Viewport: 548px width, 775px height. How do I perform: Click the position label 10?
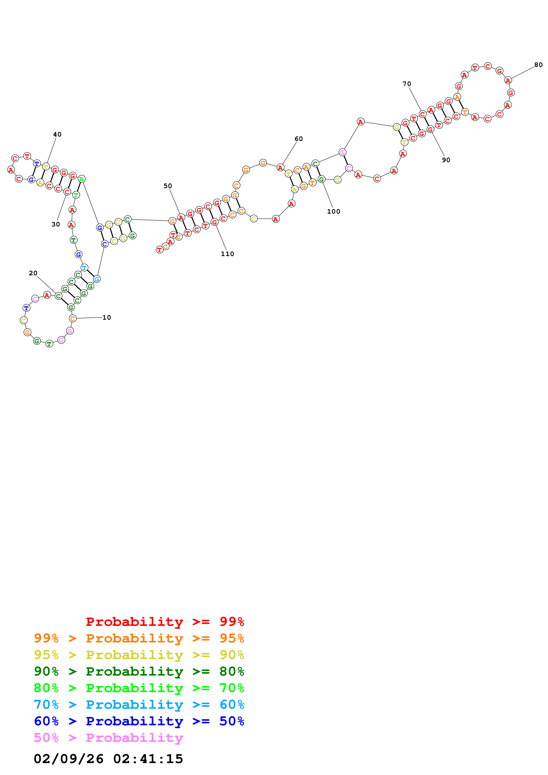coord(107,318)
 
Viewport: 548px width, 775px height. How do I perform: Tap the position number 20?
coord(33,273)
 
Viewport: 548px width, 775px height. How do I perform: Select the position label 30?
coord(56,224)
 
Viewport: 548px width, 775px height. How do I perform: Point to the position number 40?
coord(57,134)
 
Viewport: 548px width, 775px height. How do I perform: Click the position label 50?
coord(168,186)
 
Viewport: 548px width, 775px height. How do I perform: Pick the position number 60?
coord(299,139)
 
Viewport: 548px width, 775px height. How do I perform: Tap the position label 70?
coord(407,84)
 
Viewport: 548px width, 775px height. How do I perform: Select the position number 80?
coord(538,65)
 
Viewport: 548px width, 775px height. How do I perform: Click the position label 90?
coord(446,160)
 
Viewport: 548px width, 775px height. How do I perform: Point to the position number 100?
coord(334,212)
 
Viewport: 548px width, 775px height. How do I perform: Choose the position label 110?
coord(227,254)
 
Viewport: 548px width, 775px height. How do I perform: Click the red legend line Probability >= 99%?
coord(165,622)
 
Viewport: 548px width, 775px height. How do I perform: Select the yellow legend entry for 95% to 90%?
coord(139,655)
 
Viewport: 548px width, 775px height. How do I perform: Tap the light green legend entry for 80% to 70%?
coord(139,688)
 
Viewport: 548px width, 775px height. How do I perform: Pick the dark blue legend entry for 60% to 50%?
coord(139,721)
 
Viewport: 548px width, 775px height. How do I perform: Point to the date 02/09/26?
coord(69,759)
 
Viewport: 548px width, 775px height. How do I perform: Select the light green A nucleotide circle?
coord(81,179)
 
